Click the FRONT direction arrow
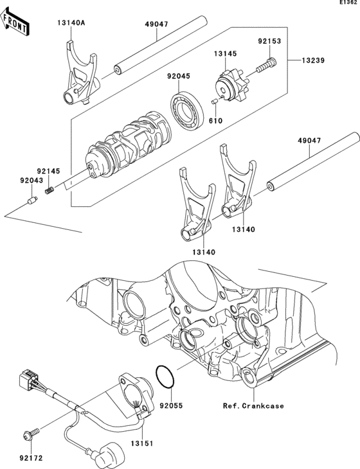tap(15, 22)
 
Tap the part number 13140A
tap(71, 23)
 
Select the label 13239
tap(312, 60)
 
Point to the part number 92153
tap(269, 41)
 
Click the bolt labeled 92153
tap(266, 65)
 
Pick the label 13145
tap(225, 54)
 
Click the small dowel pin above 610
tap(213, 102)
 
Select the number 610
tap(216, 121)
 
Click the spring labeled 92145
tap(50, 190)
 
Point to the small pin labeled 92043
tap(32, 200)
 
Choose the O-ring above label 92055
tap(165, 376)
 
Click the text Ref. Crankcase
tap(253, 406)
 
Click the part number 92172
tap(31, 458)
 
